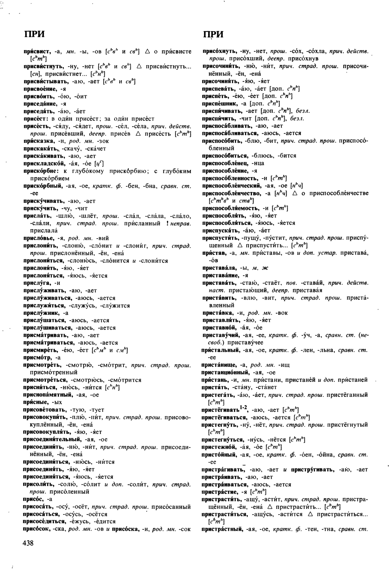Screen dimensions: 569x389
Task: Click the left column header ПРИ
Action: (x=34, y=34)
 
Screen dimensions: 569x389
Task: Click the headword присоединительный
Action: (x=52, y=440)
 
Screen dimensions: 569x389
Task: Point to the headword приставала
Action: (x=218, y=268)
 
